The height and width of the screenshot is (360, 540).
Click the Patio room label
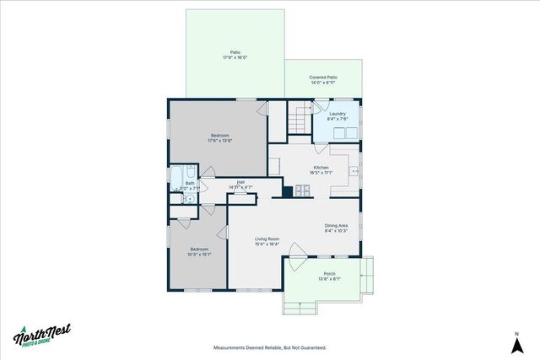pos(235,52)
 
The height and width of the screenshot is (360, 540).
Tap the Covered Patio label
pos(323,78)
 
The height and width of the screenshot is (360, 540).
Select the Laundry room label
pos(337,114)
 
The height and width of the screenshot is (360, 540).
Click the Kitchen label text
pos(321,168)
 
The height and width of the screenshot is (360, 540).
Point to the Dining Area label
pos(337,225)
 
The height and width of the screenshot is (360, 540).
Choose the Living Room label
pos(267,239)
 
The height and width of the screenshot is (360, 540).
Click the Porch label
pos(329,274)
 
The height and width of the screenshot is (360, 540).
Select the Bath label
pos(190,183)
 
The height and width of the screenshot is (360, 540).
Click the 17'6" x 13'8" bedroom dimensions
pos(219,141)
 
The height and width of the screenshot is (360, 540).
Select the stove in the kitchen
pos(303,191)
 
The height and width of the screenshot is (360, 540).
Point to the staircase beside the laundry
pos(297,117)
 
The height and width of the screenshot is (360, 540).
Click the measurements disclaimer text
pos(269,347)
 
